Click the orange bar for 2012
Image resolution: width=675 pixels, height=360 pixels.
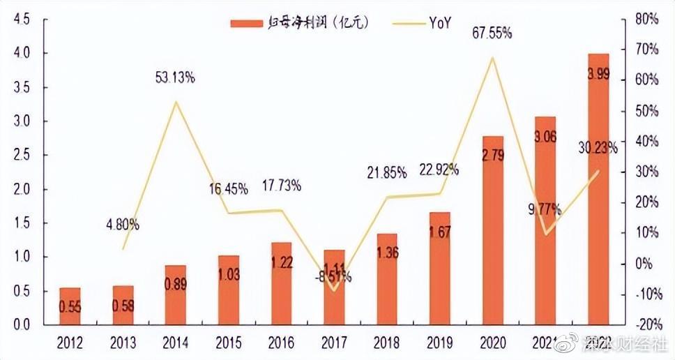pos(70,306)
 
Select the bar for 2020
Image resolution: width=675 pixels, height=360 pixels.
pos(492,230)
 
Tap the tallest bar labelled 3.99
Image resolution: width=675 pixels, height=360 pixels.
pos(598,188)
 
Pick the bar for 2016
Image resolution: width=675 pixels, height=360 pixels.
pos(281,283)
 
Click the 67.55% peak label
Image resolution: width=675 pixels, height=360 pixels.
pos(492,32)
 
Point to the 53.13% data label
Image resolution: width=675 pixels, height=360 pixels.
pos(175,78)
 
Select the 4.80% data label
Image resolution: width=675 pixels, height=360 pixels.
pos(123,225)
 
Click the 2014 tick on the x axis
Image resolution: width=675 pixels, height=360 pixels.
pos(175,343)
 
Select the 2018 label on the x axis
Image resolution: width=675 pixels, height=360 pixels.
pos(386,343)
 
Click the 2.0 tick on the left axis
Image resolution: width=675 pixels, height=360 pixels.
pos(21,189)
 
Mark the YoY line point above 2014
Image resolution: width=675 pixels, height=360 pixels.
pos(176,102)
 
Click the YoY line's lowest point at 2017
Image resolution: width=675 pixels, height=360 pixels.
pos(334,290)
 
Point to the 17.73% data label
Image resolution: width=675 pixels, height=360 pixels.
pos(281,186)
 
